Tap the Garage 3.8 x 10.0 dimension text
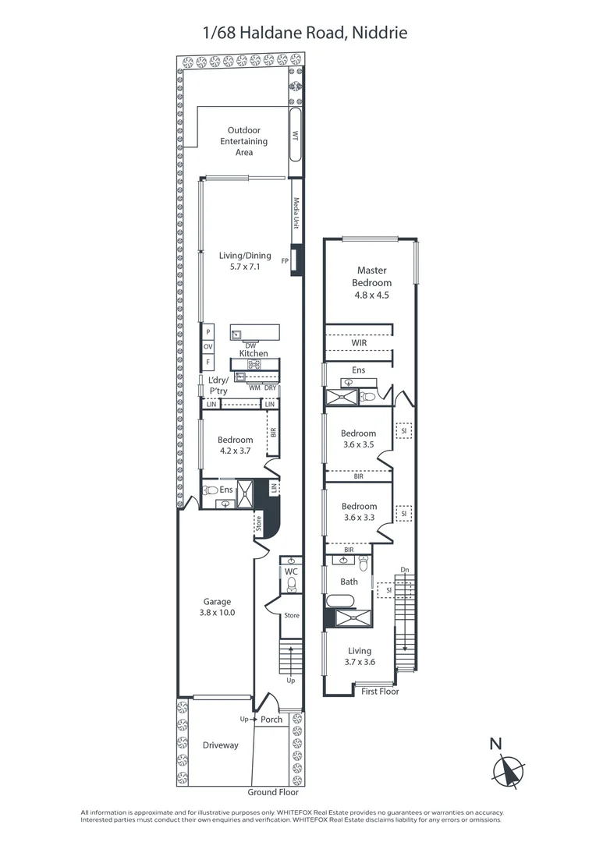(x=217, y=613)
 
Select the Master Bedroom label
(x=372, y=277)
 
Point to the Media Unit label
(x=296, y=213)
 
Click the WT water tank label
(x=295, y=135)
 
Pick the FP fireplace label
(x=285, y=261)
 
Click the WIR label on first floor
(x=359, y=342)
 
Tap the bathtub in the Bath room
(x=339, y=601)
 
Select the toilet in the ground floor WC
(x=292, y=584)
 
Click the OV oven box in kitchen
(x=208, y=347)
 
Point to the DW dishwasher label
(x=250, y=346)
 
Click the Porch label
(x=271, y=720)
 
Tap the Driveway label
(x=220, y=745)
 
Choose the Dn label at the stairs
(x=405, y=570)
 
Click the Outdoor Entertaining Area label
(x=244, y=141)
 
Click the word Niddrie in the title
(x=382, y=33)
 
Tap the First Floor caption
(x=380, y=692)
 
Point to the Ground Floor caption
(x=273, y=792)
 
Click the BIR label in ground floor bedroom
(x=273, y=432)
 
